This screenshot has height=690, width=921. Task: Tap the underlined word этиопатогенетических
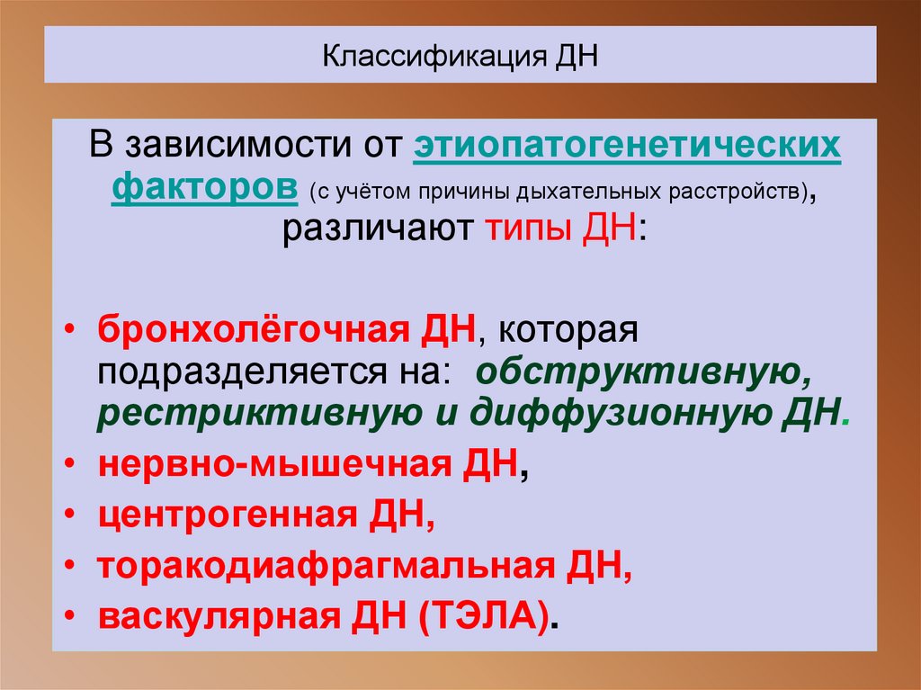(627, 145)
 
